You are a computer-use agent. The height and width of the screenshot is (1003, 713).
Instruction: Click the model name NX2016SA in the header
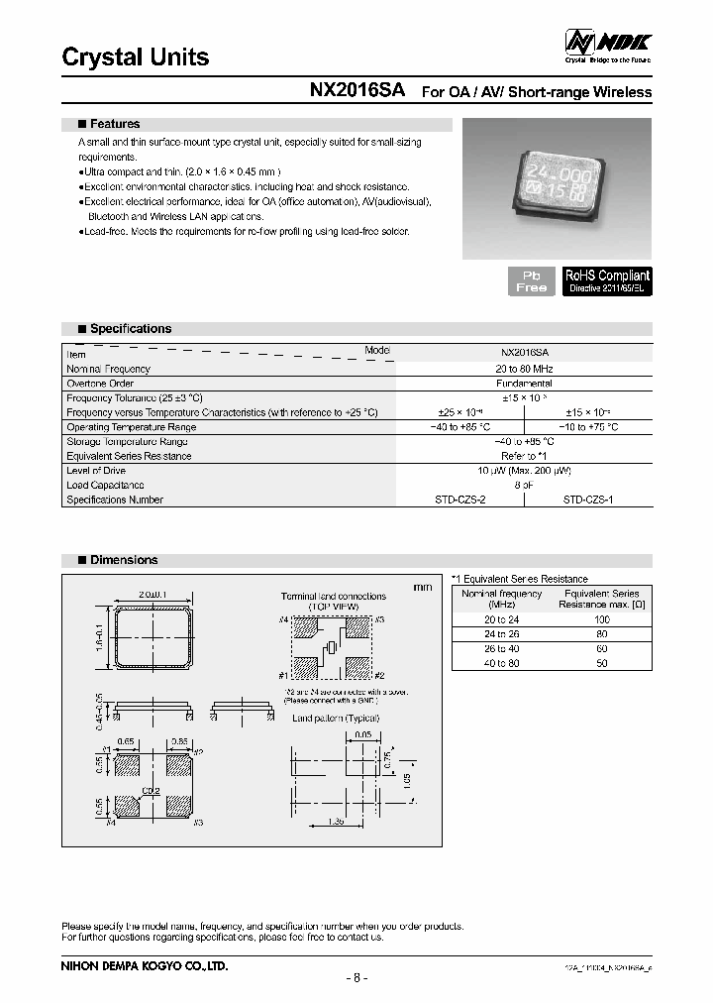tap(357, 90)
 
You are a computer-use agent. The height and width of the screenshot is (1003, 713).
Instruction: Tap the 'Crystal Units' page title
tap(136, 57)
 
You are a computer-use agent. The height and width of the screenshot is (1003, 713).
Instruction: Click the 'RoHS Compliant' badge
tap(607, 280)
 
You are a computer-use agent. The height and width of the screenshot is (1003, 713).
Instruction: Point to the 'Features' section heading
tap(114, 125)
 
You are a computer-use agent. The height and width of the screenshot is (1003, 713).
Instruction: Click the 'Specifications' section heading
tap(130, 329)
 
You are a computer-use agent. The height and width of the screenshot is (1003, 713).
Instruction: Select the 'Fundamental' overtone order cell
tap(524, 384)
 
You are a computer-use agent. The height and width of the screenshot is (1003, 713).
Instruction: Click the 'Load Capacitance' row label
tap(105, 486)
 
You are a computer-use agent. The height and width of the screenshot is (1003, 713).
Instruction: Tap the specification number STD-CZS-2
tap(459, 501)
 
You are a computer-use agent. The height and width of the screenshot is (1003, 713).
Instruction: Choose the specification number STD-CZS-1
tap(588, 501)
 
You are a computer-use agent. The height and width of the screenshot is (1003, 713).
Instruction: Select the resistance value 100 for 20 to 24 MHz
tap(601, 618)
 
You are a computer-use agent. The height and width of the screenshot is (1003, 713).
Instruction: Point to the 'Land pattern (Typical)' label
tap(335, 718)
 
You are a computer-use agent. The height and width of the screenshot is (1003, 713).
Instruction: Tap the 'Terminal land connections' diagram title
tap(333, 597)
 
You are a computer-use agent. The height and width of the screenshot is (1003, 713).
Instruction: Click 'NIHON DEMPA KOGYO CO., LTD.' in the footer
tap(145, 964)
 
